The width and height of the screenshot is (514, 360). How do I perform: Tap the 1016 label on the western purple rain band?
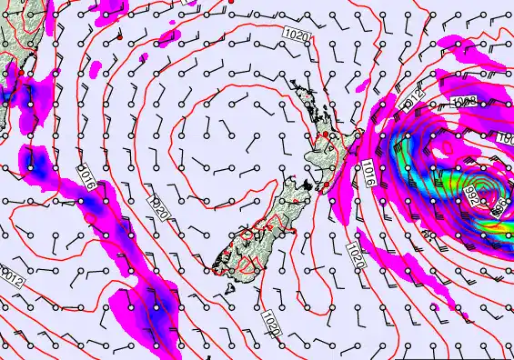[86, 175]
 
